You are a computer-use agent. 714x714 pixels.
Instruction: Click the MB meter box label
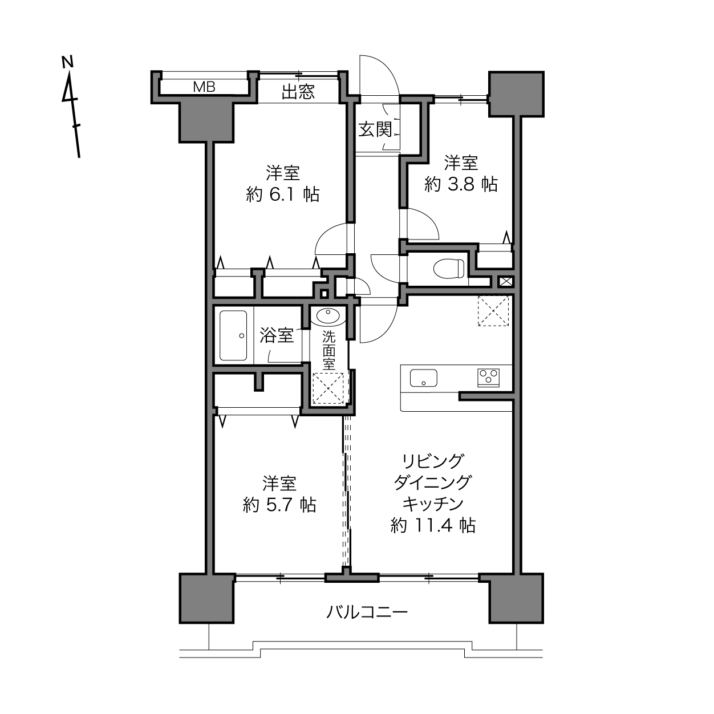(x=204, y=87)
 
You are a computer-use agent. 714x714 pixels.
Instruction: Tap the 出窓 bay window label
(x=298, y=92)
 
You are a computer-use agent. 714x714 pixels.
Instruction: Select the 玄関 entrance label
(x=375, y=129)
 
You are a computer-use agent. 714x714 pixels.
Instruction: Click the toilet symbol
(x=449, y=268)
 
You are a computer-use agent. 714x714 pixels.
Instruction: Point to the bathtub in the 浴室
(x=233, y=335)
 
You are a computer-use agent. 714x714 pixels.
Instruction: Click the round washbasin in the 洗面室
(x=328, y=316)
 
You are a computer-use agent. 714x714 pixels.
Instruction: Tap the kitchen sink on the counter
(x=424, y=378)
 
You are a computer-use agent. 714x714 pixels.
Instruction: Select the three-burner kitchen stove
(x=488, y=378)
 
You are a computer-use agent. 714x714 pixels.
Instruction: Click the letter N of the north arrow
(x=67, y=62)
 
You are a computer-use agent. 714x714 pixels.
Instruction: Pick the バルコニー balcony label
(x=367, y=612)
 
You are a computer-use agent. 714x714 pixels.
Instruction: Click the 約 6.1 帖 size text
(x=283, y=194)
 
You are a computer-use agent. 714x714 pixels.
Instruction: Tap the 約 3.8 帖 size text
(x=461, y=184)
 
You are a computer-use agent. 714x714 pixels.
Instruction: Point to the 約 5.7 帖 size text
(x=280, y=505)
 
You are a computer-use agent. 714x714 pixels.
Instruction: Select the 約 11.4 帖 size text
(x=433, y=525)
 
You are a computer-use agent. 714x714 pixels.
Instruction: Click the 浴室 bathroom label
(x=277, y=335)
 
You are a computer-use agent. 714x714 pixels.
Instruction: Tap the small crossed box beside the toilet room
(x=506, y=282)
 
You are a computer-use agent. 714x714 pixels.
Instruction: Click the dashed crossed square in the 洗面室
(x=328, y=388)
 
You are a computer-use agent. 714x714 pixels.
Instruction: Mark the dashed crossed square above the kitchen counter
(x=493, y=310)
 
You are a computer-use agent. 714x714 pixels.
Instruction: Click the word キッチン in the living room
(x=433, y=504)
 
